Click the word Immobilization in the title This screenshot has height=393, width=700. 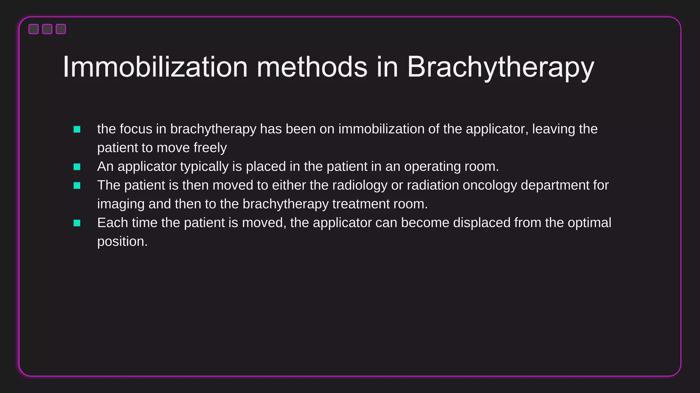pyautogui.click(x=155, y=67)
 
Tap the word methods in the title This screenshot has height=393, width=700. pyautogui.click(x=312, y=67)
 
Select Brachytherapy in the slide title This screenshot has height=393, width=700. pyautogui.click(x=500, y=68)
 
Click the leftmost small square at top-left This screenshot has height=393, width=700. pyautogui.click(x=33, y=29)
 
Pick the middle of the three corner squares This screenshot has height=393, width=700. pyautogui.click(x=47, y=29)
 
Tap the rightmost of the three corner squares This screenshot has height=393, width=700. pyautogui.click(x=61, y=29)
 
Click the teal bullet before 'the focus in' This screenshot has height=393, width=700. pyautogui.click(x=77, y=129)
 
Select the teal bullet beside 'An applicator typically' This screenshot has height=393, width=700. pyautogui.click(x=77, y=167)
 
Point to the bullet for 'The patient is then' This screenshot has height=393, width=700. pyautogui.click(x=77, y=186)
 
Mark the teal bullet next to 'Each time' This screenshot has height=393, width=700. pyautogui.click(x=77, y=223)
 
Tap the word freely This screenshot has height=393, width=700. pyautogui.click(x=210, y=148)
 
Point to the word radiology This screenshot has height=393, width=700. pyautogui.click(x=360, y=186)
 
